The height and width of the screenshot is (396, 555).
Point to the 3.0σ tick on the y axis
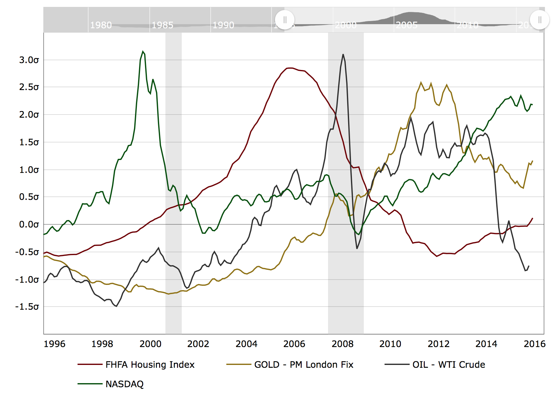point(29,60)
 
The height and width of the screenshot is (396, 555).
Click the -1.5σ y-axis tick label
point(27,307)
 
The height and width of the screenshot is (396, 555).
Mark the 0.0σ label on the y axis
point(29,224)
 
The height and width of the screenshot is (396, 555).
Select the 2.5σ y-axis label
point(29,87)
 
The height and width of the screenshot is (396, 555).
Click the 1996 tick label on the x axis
point(55,344)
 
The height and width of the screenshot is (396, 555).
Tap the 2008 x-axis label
point(342,344)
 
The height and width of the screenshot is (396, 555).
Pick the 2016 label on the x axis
point(535,344)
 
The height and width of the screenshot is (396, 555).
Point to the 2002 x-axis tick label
point(198,344)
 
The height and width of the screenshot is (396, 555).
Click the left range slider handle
point(285,20)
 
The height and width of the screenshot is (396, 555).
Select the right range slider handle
point(540,20)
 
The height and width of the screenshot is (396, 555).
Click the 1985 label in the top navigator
point(162,25)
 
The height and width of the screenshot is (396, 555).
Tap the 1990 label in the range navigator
point(223,25)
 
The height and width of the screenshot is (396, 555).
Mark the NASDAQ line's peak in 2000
point(143,51)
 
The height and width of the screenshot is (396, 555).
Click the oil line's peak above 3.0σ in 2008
point(343,54)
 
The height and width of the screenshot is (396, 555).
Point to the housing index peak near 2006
point(290,68)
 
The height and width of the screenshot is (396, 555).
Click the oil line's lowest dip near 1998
point(116,306)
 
